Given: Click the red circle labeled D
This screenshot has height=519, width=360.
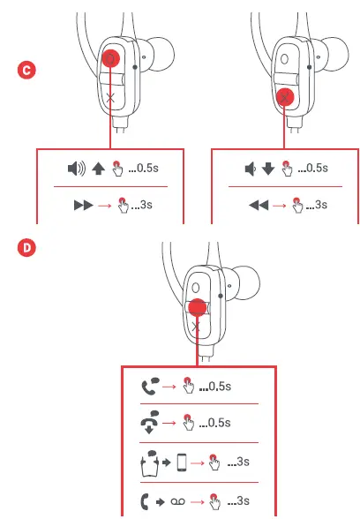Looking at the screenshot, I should click(x=28, y=248).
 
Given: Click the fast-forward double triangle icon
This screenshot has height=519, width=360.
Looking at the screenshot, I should click(x=82, y=204).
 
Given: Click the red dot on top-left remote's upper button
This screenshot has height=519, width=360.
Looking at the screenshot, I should click(x=110, y=58).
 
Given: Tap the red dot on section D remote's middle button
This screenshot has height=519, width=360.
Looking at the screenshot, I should click(x=196, y=307).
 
